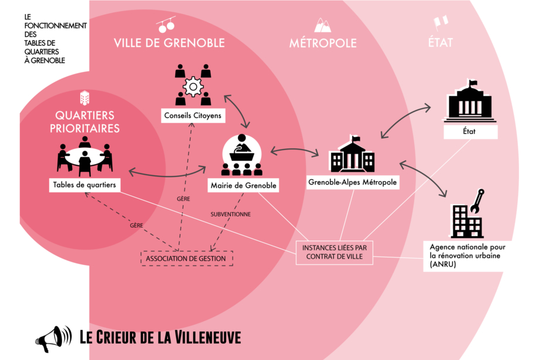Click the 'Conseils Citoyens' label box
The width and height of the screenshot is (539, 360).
click(193, 116)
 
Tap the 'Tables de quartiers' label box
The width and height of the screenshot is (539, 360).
click(84, 185)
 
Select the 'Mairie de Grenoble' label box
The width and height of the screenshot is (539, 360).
click(243, 186)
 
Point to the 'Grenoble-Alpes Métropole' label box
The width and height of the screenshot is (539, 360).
click(353, 182)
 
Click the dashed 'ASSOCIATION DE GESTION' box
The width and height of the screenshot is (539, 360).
click(187, 257)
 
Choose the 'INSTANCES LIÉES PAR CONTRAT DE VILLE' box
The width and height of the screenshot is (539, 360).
click(335, 252)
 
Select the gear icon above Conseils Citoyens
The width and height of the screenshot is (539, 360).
click(193, 87)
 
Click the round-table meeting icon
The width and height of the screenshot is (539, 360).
click(85, 156)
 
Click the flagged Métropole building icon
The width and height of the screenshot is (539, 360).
click(352, 155)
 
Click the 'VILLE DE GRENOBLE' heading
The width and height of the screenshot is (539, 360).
click(169, 43)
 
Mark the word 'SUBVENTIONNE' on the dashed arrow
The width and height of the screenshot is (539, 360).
click(231, 215)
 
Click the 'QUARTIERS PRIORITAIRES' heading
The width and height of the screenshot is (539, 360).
click(85, 121)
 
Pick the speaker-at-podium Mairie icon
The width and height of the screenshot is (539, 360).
click(241, 154)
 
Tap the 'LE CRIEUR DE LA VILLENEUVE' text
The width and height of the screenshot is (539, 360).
click(160, 337)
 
